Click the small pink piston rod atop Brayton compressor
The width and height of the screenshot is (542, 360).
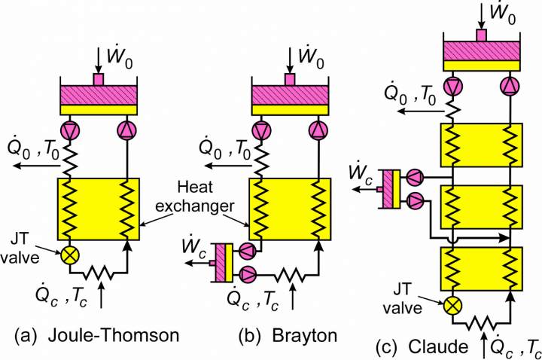290,79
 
